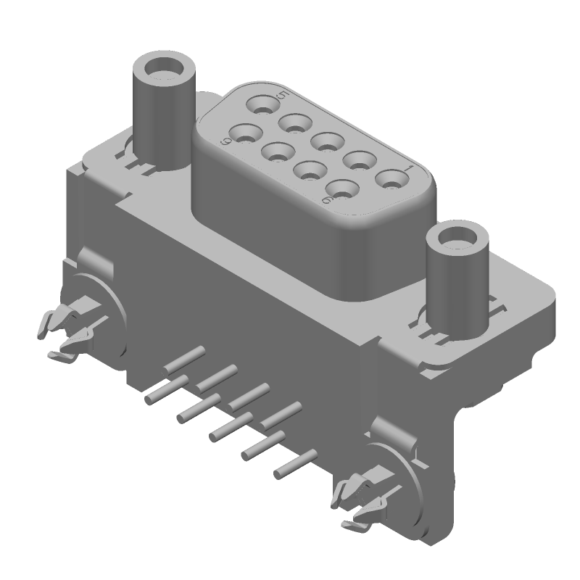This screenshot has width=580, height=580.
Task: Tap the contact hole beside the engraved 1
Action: point(391,178)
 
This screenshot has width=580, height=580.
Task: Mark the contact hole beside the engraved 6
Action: point(343,189)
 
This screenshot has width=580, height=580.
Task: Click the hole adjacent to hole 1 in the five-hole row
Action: point(359,159)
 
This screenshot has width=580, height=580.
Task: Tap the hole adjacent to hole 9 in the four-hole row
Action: point(277,152)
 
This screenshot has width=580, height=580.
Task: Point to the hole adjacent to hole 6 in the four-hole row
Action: point(310,172)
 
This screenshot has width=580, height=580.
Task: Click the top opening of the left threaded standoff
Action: point(163,72)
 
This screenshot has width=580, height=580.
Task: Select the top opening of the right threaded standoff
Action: point(457,240)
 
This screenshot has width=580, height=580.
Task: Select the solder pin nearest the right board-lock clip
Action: point(295,464)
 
